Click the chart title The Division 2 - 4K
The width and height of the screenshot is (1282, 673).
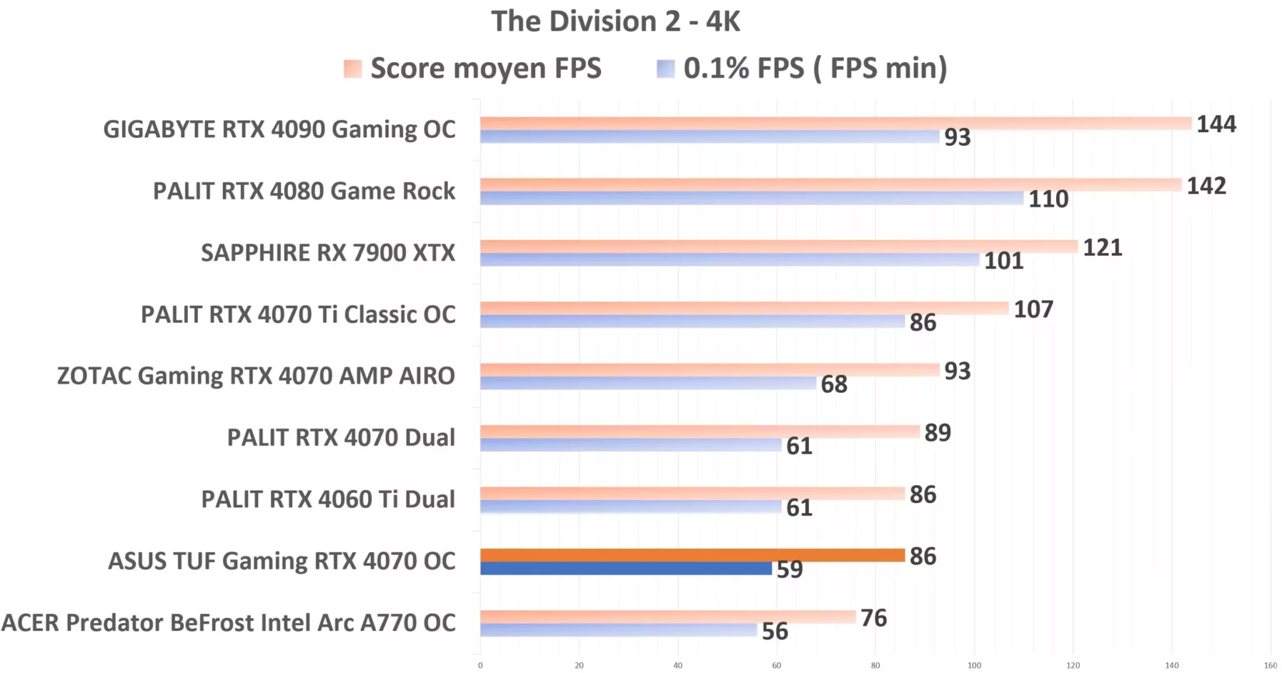[615, 21]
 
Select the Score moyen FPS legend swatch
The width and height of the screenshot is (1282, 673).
[352, 68]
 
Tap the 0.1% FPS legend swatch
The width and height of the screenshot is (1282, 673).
[665, 68]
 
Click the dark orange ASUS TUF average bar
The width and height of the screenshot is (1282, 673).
[692, 555]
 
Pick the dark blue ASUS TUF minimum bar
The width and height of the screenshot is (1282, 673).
[626, 568]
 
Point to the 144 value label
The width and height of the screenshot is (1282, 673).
[1216, 124]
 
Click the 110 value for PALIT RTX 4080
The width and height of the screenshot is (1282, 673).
[1049, 199]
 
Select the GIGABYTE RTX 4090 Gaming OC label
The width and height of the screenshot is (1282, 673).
[279, 130]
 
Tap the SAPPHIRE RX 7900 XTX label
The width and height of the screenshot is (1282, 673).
[328, 253]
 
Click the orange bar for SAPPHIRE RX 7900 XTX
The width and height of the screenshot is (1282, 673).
[778, 246]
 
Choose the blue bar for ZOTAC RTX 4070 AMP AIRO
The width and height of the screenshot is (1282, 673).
[648, 383]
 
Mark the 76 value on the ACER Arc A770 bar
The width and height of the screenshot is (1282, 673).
[873, 618]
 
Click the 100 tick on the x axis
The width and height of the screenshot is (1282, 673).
[974, 665]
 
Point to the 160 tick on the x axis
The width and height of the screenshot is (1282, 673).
[1270, 665]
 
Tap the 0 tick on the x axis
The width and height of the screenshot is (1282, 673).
[480, 665]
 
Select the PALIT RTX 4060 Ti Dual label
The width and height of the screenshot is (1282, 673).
[328, 500]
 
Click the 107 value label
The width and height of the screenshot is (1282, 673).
[1033, 310]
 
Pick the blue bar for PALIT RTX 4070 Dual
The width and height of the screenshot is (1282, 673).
[630, 445]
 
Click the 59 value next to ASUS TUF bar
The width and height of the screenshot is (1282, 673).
[789, 570]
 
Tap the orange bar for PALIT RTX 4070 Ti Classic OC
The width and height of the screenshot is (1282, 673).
[744, 308]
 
